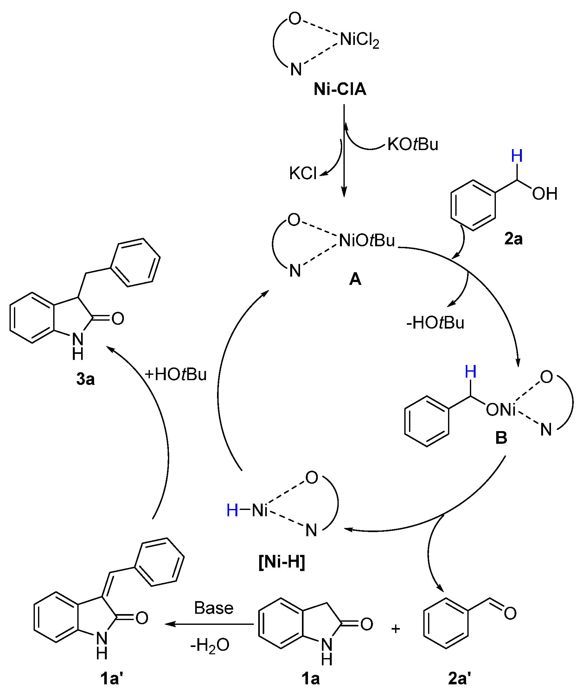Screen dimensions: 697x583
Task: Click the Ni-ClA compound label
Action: coord(340,89)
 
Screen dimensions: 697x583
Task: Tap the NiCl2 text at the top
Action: coord(359,40)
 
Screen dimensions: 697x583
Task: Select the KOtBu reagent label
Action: coord(413,144)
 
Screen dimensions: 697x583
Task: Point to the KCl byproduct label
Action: coord(303,173)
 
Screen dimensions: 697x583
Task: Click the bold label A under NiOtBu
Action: coord(355,279)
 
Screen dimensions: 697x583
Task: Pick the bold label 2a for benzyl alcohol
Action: coord(513,239)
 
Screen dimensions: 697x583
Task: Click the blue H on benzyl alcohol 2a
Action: coord(517,156)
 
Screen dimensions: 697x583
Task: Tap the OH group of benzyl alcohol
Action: coord(544,194)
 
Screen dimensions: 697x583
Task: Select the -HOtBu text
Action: coord(435,323)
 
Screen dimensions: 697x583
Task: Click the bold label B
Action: coord(501,438)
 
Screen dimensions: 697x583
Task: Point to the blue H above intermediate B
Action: coord(471,372)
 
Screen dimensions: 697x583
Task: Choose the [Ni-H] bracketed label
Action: coord(282,562)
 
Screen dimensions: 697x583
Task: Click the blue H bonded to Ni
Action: coord(232,510)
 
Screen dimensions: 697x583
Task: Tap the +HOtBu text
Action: coord(176,374)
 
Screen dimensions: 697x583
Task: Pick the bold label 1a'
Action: coord(112,679)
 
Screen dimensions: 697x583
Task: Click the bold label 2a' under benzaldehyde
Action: coord(459,679)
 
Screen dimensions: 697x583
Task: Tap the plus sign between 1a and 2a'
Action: coord(396,629)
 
